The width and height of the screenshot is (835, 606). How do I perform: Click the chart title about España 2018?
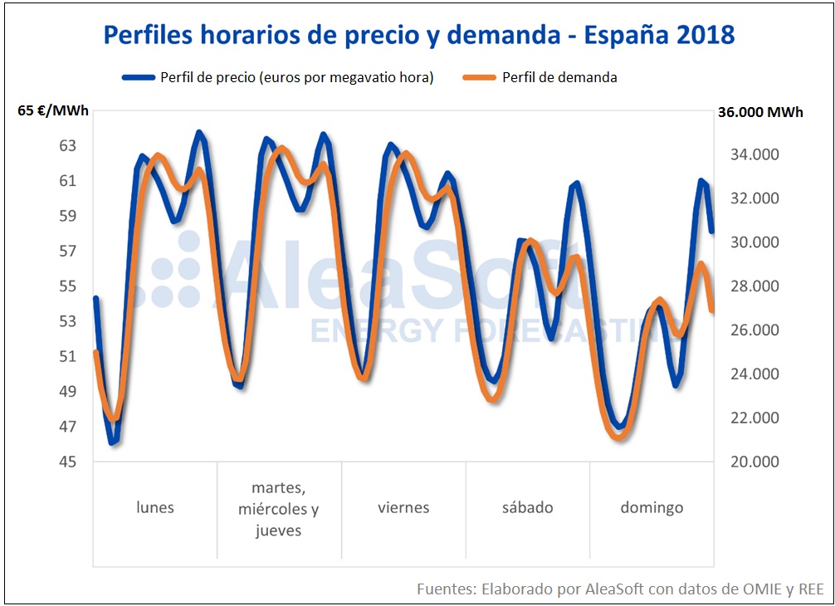pos(418,35)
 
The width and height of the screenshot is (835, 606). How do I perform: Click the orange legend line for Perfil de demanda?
pos(478,77)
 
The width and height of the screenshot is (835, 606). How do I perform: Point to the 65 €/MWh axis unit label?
pos(53,112)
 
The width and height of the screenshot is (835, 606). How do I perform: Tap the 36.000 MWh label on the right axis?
pos(761,112)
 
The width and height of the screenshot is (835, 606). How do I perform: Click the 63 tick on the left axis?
pos(67,146)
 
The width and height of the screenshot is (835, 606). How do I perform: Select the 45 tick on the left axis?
pos(67,462)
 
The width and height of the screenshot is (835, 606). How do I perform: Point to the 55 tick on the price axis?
pos(67,286)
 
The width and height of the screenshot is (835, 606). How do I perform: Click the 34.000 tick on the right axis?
pos(754,154)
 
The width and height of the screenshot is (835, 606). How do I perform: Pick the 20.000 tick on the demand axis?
pos(754,462)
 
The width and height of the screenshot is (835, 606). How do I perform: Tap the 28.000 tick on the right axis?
pos(754,286)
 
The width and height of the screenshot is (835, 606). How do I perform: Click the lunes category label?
pos(155,507)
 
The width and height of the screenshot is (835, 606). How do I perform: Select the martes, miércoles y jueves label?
pos(279,509)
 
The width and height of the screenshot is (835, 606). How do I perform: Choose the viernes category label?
pos(403,507)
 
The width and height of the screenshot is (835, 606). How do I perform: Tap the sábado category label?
pos(527,507)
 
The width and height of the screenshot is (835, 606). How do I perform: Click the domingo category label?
pos(652,507)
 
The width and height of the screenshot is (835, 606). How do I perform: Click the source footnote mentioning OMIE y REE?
pos(619,589)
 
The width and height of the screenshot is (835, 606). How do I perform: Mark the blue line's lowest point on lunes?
pos(114,442)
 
